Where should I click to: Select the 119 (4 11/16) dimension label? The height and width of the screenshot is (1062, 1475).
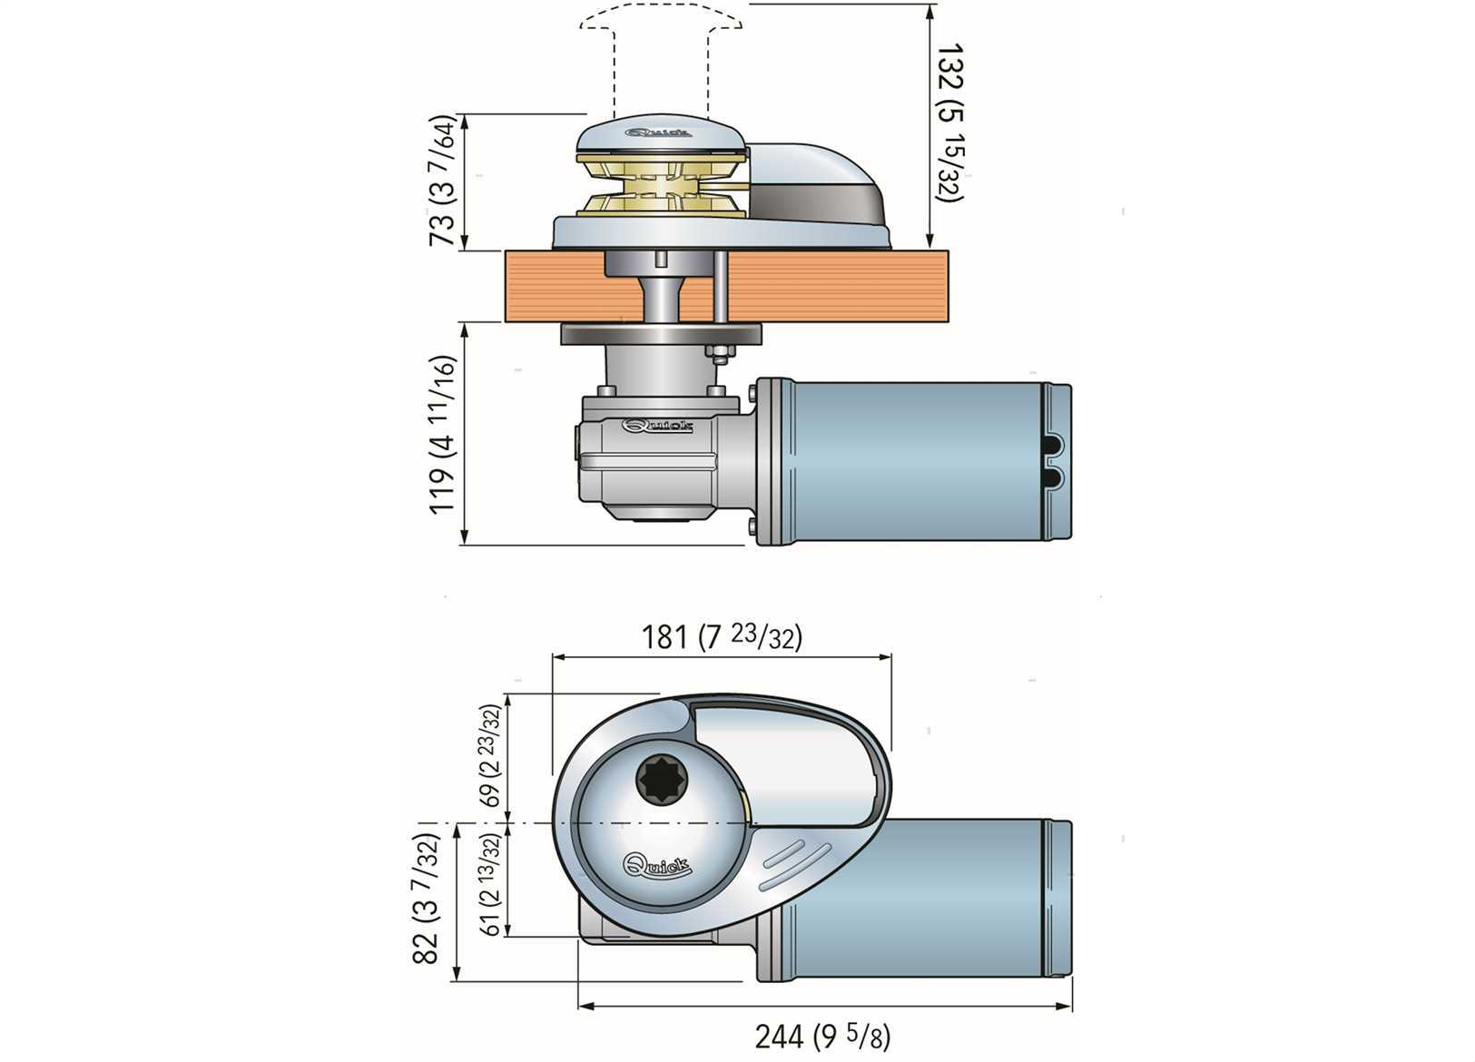[444, 434]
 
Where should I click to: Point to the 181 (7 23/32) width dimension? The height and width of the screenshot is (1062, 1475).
[723, 637]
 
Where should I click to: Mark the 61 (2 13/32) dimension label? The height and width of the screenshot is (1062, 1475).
[490, 883]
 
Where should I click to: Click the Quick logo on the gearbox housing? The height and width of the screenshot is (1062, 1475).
[658, 426]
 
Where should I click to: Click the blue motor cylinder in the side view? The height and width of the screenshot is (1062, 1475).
[917, 463]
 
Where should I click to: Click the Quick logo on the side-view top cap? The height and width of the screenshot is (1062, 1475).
[659, 133]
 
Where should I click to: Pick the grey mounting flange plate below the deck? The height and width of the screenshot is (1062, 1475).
[660, 334]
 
